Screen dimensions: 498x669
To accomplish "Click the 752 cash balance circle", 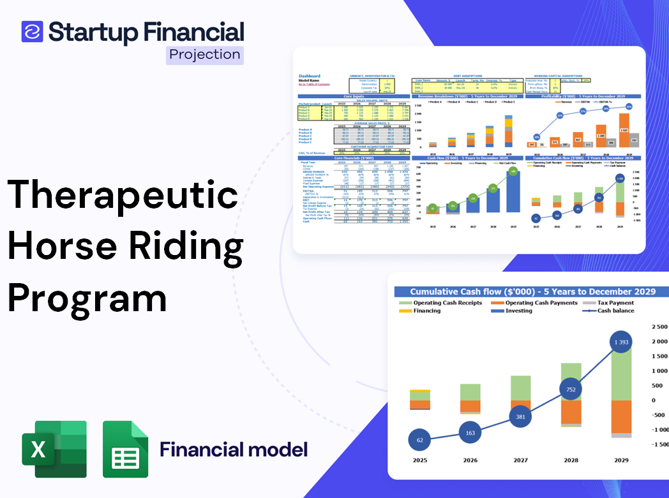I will tap(571, 390).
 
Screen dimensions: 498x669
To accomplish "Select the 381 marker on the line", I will tap(520, 417).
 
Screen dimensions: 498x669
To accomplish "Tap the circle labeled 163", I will tap(470, 433).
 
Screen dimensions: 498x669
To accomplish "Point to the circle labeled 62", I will tap(419, 440).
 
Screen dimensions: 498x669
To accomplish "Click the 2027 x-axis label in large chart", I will tap(520, 460).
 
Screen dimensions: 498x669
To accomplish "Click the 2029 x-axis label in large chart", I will tap(620, 460).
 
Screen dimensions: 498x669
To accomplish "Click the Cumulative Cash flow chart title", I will tap(532, 291).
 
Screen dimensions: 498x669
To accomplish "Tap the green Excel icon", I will tap(54, 449).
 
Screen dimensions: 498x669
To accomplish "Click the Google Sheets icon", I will tap(126, 449).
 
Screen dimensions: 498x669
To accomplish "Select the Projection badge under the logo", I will tap(205, 54).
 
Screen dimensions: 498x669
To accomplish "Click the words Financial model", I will tap(234, 450).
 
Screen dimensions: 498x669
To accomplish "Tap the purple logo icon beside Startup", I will tap(32, 31).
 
